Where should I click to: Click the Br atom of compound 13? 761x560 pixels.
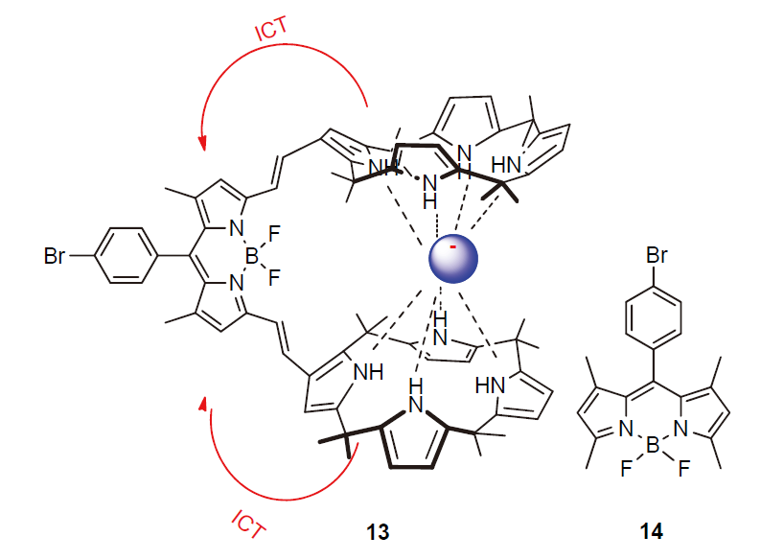[x=57, y=256]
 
